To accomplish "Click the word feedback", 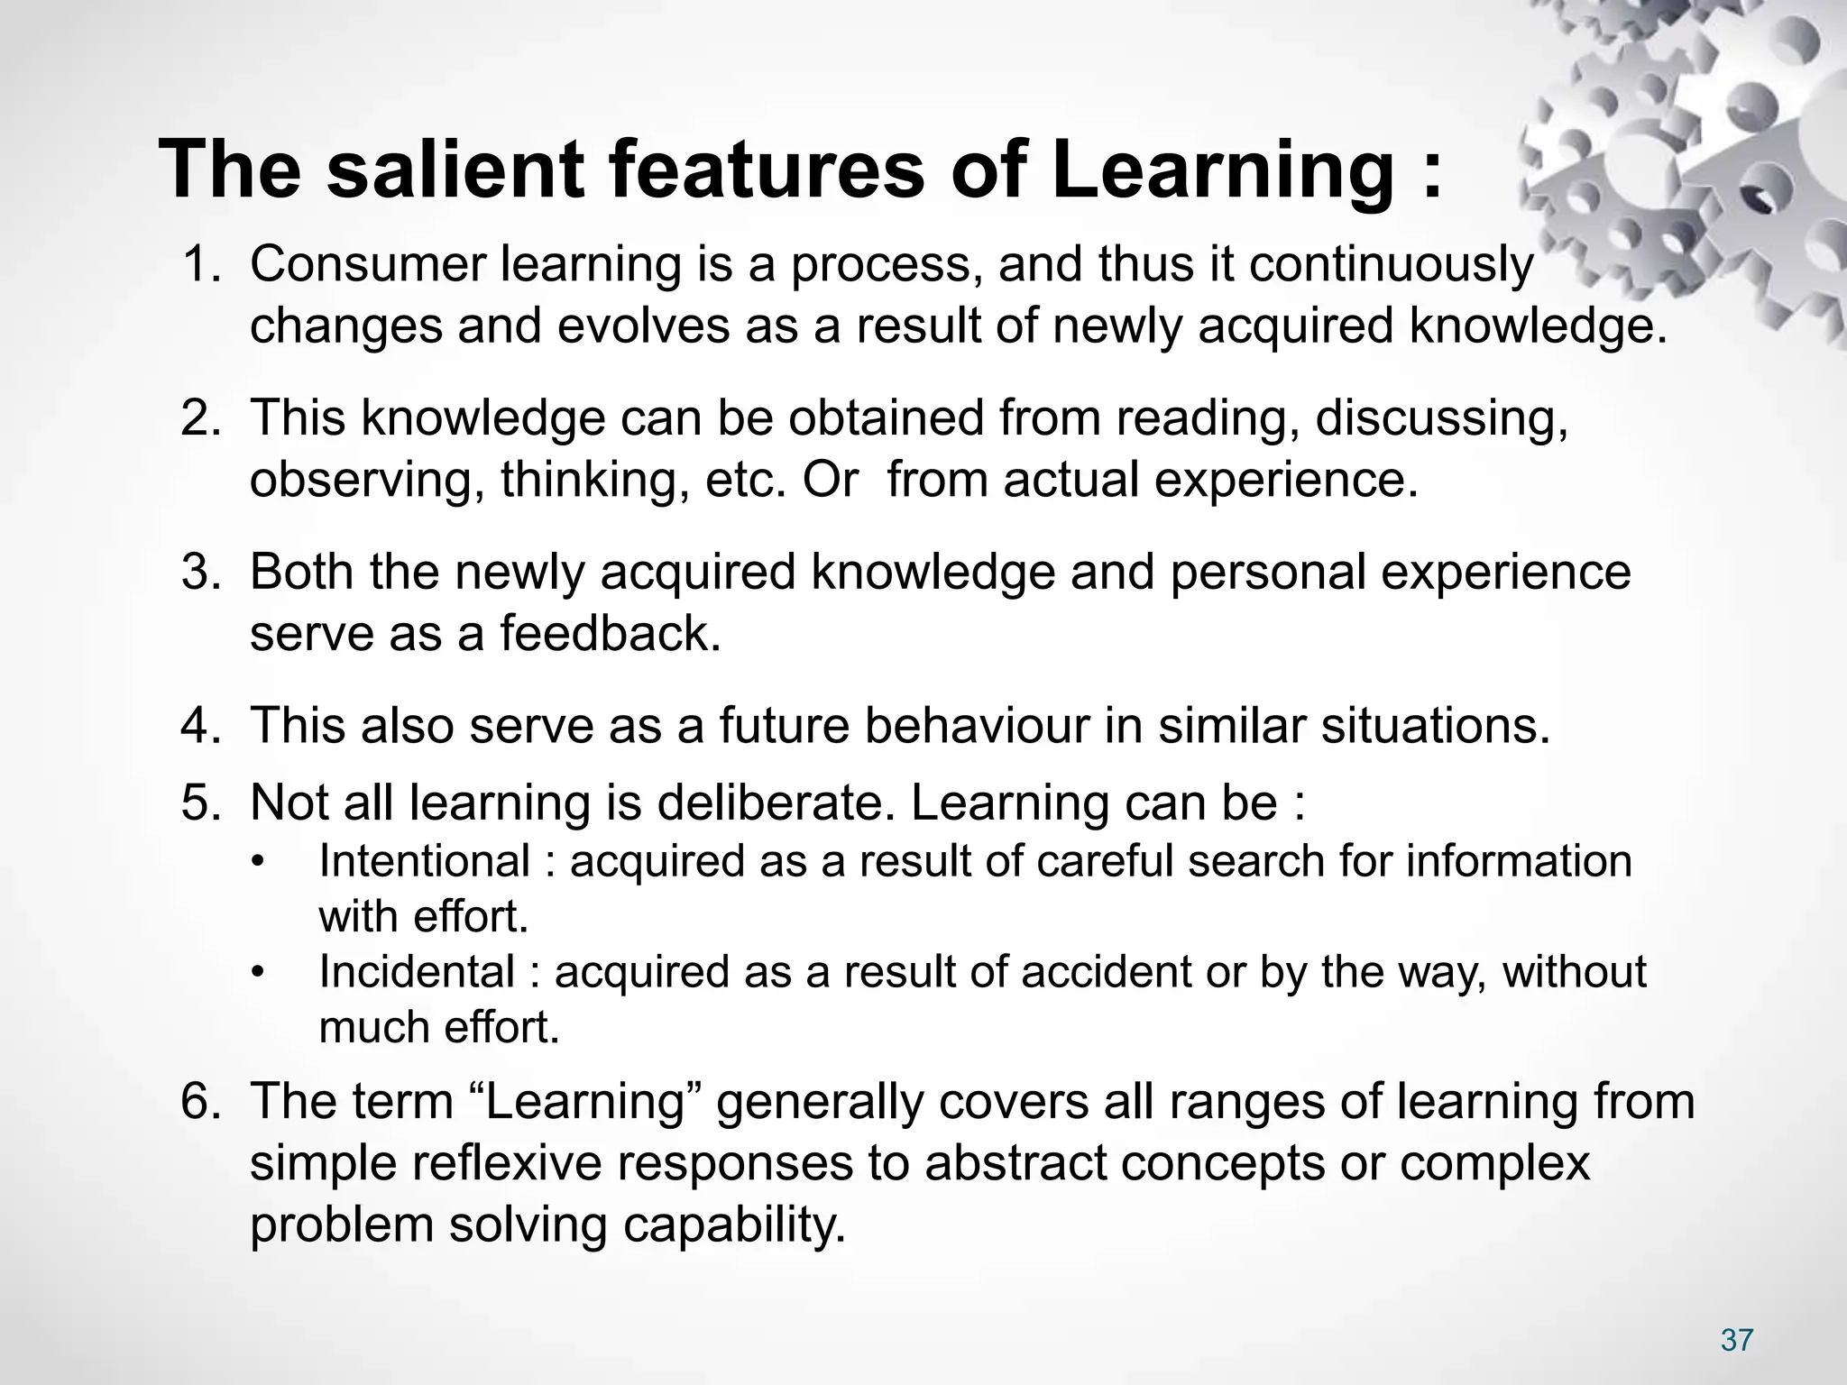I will click(x=610, y=633).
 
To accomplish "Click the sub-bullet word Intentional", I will click(x=424, y=861).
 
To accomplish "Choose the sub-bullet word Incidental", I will click(x=417, y=972).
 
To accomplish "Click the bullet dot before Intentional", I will click(x=259, y=862).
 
